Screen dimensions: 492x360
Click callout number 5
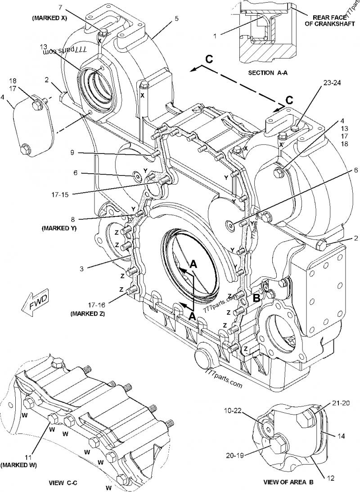[x=176, y=18]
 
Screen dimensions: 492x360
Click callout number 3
[x=81, y=268]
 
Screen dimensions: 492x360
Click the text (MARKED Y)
[x=59, y=228]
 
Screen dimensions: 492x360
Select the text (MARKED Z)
[x=88, y=314]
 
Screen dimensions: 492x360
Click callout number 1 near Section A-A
[x=215, y=35]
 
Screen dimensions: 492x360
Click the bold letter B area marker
[x=255, y=297]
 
